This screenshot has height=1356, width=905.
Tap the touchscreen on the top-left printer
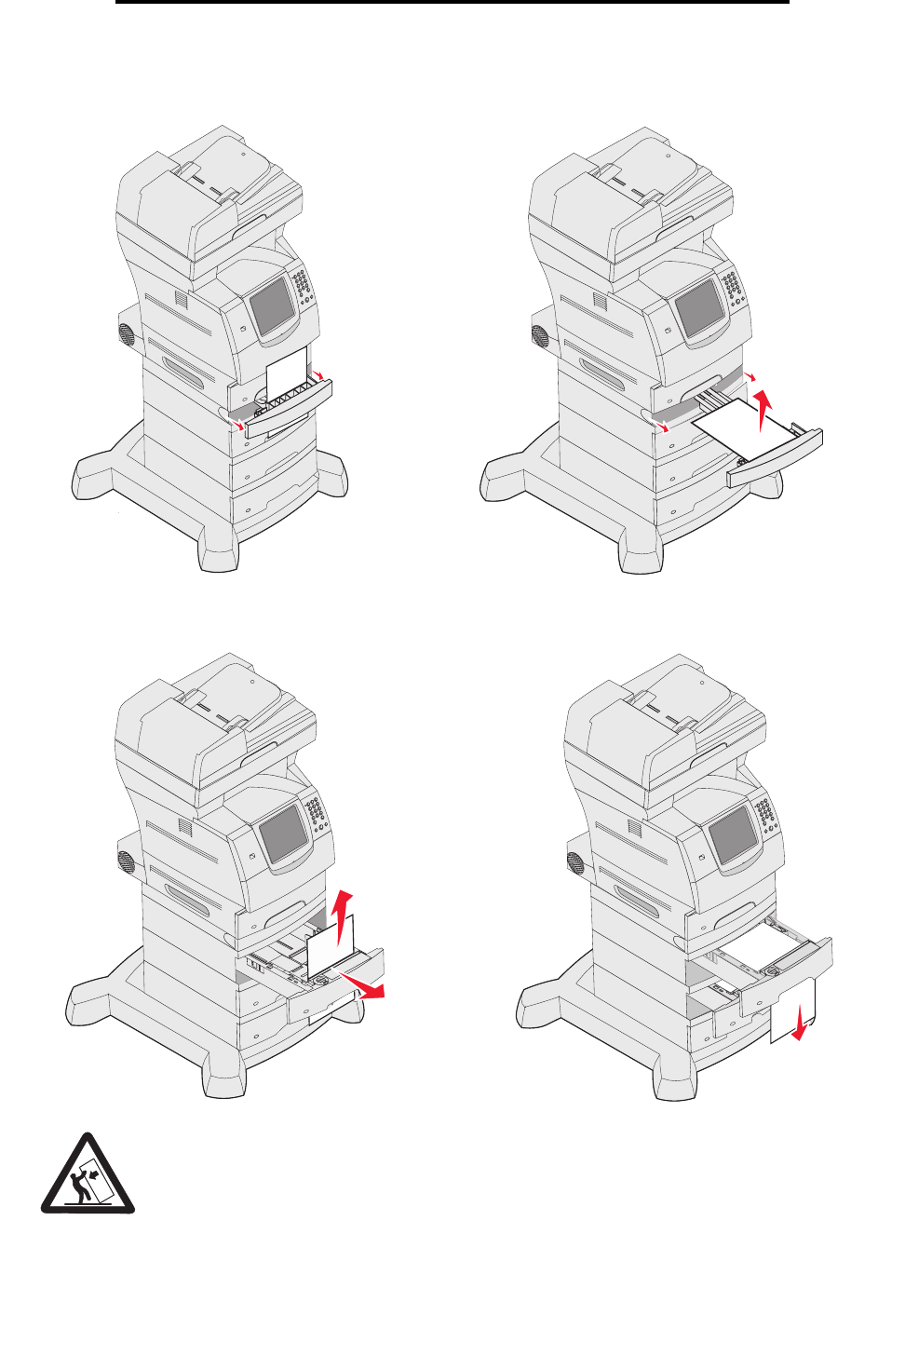(x=271, y=305)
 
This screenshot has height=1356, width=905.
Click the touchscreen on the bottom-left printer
(x=281, y=833)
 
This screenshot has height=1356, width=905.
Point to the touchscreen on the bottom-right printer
(x=733, y=834)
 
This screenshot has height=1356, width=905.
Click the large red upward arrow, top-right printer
(x=764, y=410)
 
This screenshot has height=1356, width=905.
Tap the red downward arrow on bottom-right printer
(x=799, y=1028)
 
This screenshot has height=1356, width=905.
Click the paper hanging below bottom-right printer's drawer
(x=792, y=1010)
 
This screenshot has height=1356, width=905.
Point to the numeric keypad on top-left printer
(x=304, y=292)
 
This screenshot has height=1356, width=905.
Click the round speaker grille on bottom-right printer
(x=576, y=863)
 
